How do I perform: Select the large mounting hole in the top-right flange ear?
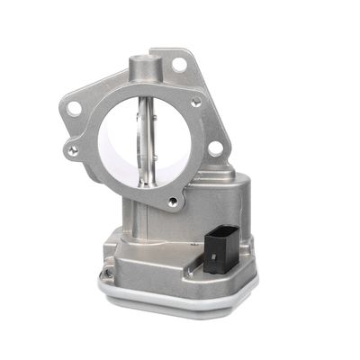pyautogui.click(x=179, y=65)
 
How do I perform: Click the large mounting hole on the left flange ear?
pyautogui.click(x=76, y=109)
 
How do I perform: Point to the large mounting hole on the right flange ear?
pyautogui.click(x=215, y=148)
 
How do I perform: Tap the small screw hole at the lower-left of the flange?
pyautogui.click(x=73, y=151)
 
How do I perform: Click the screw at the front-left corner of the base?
pyautogui.click(x=109, y=271)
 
